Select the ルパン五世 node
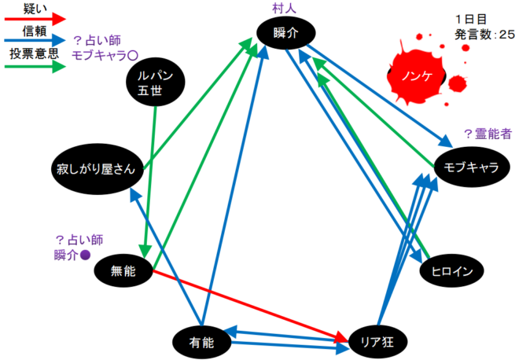pyautogui.click(x=155, y=83)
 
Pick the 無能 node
pyautogui.click(x=123, y=271)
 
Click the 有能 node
pyautogui.click(x=203, y=340)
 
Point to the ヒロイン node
pyautogui.click(x=451, y=271)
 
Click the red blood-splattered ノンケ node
pyautogui.click(x=417, y=76)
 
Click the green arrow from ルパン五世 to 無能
pyautogui.click(x=149, y=173)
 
